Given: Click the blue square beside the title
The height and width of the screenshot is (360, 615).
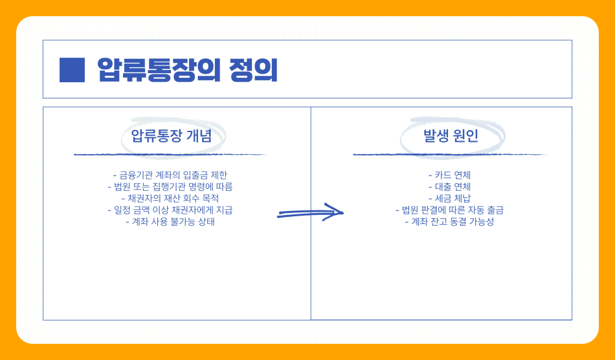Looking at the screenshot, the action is point(72,70).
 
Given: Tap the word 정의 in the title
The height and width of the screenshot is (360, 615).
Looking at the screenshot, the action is point(253,70).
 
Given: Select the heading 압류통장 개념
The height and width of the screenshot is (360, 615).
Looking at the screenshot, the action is point(171,136).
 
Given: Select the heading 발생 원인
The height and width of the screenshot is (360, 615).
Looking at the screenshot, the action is point(451,136).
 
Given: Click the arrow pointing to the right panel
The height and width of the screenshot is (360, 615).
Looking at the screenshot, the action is point(310,213).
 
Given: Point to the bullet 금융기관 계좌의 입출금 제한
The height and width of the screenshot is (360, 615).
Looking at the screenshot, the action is point(170,175).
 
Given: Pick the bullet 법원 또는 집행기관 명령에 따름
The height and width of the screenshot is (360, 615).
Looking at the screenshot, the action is point(170,186).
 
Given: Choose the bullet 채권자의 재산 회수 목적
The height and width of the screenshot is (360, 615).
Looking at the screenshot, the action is point(170,198).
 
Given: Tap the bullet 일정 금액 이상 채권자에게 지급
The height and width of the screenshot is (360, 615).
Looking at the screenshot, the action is point(170,210).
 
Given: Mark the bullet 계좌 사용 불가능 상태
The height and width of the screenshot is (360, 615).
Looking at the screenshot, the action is point(170,221).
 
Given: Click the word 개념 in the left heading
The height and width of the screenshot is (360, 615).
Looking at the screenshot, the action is point(199,136).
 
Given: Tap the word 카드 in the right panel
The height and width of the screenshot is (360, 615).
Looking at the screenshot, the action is point(443,175).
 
